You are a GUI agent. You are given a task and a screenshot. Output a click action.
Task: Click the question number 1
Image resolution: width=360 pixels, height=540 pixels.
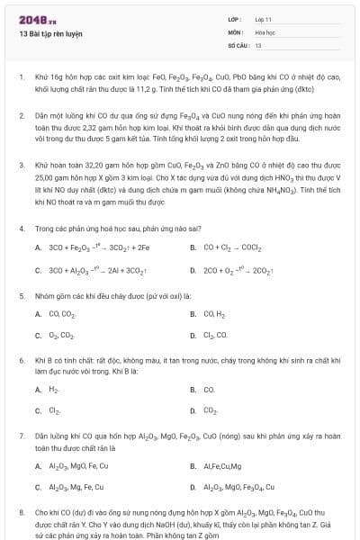click(x=21, y=77)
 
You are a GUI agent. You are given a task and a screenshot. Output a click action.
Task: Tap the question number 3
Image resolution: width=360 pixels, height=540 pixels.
click(x=21, y=166)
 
